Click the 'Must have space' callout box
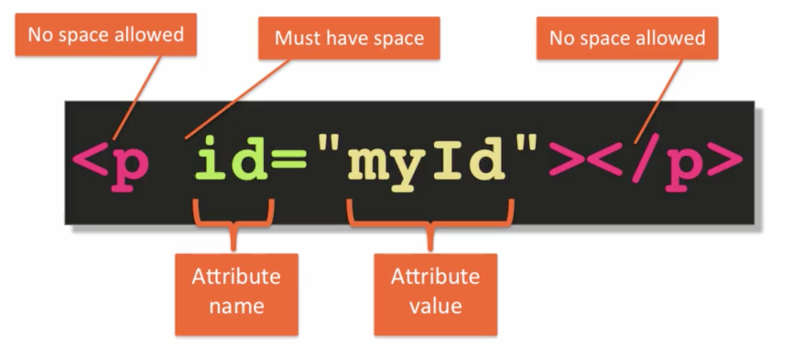click(x=349, y=38)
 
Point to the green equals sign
click(x=288, y=158)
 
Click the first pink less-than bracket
click(x=90, y=159)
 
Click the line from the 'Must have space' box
click(x=238, y=98)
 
